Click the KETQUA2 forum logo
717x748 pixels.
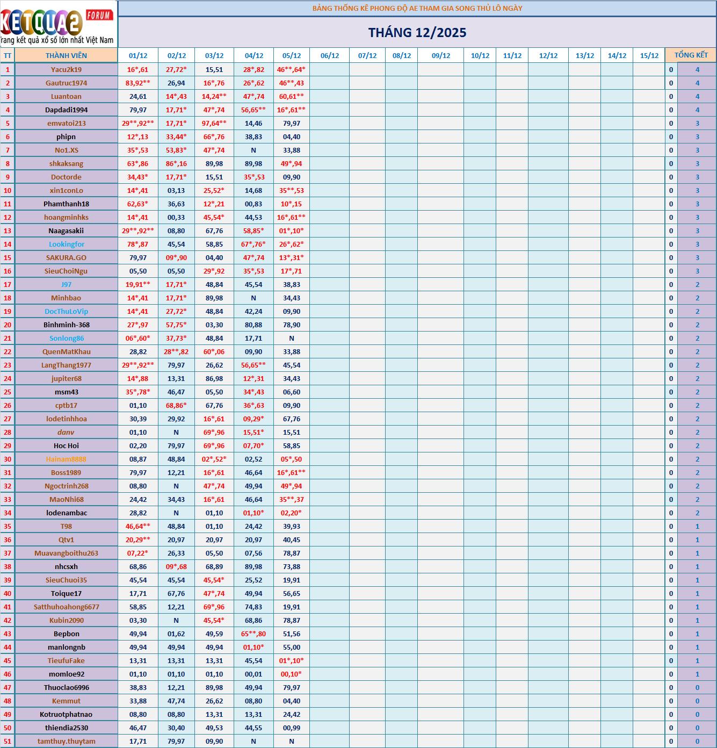[x=57, y=24]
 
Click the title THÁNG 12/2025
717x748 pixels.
[x=417, y=33]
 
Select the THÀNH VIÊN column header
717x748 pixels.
[x=66, y=55]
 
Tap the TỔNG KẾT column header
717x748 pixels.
[x=691, y=55]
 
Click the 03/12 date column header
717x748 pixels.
[x=214, y=55]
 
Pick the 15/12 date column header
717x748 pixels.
[x=649, y=55]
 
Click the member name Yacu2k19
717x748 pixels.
[x=66, y=69]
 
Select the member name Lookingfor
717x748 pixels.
[x=66, y=244]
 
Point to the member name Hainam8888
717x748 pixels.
[x=66, y=459]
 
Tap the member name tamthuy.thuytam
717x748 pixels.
[x=66, y=741]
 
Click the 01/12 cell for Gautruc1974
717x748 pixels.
[x=138, y=83]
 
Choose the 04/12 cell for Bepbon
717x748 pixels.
[x=254, y=634]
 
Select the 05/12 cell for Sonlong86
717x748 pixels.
[x=292, y=338]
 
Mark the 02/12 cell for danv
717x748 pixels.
[x=176, y=432]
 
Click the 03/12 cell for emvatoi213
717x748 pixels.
[x=214, y=123]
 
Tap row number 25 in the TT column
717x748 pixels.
[x=8, y=392]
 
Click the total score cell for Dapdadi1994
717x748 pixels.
[x=697, y=110]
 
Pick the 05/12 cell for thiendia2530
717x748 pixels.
[x=292, y=728]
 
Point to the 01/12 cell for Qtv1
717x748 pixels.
[x=138, y=540]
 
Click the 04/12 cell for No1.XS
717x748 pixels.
[x=254, y=150]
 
